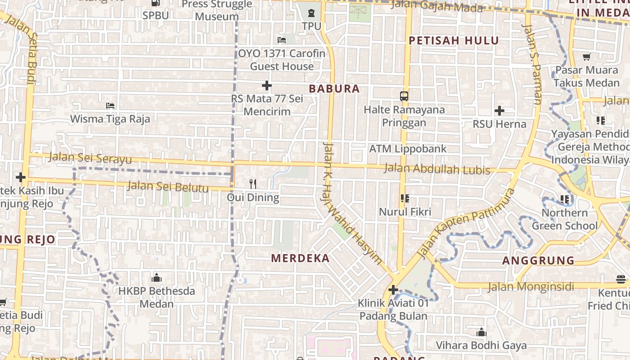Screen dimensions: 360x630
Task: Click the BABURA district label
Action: (334, 89)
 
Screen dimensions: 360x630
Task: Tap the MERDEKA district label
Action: (301, 258)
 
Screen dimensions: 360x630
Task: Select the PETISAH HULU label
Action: (453, 40)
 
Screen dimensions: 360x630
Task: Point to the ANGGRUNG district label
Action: (538, 261)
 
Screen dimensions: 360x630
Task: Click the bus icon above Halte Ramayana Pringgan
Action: (404, 96)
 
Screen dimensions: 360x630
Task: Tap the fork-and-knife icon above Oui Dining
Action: (253, 184)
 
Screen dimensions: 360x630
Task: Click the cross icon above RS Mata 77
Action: (267, 85)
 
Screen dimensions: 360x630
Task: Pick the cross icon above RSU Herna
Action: (499, 110)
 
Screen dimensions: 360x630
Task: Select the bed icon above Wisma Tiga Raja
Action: (110, 106)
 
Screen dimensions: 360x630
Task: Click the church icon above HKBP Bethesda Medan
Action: (157, 277)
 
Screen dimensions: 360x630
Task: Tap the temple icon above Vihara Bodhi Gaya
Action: (481, 333)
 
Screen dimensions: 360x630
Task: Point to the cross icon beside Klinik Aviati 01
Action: (393, 290)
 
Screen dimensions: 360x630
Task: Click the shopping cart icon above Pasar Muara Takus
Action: (586, 57)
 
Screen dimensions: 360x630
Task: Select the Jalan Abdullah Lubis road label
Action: (437, 170)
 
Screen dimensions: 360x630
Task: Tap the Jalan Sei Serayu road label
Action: (90, 158)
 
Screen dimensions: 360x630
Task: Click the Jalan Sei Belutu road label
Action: (168, 186)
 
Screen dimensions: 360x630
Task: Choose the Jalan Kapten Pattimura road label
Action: (465, 224)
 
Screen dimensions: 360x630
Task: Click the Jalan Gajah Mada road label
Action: (436, 7)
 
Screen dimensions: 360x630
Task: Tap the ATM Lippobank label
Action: (408, 148)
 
